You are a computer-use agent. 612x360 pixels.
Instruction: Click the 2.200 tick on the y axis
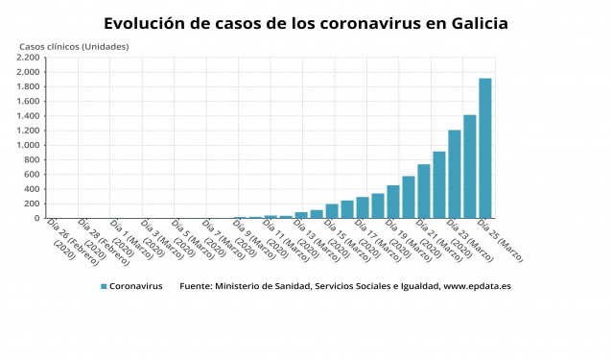(27, 58)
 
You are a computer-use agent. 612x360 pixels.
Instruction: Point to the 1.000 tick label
(27, 145)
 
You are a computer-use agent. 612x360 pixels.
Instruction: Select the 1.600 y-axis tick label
(27, 102)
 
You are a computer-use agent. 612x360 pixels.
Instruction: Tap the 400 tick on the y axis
(32, 189)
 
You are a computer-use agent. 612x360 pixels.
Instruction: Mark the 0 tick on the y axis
(36, 218)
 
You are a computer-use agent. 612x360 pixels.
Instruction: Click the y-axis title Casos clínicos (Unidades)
(74, 46)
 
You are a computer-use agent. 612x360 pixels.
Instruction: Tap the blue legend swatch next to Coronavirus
(103, 286)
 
